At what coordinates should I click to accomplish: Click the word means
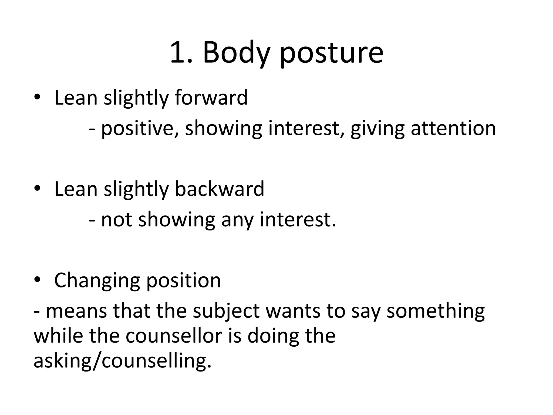pos(76,311)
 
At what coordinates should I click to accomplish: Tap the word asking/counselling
pos(122,361)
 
